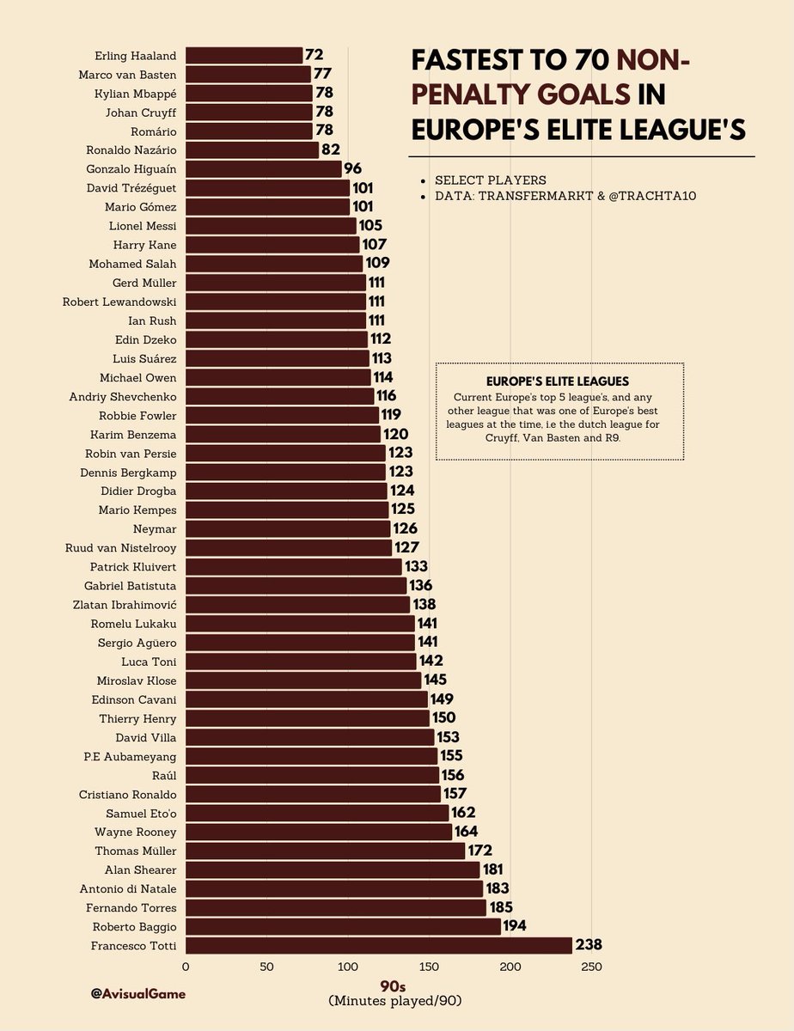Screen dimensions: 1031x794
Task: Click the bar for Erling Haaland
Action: (244, 56)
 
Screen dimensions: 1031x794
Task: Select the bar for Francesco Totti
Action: (378, 945)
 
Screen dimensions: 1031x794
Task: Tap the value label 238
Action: (589, 945)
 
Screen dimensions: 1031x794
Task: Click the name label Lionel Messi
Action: (139, 226)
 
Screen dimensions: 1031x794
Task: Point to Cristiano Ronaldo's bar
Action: (313, 794)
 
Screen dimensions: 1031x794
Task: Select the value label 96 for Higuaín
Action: (353, 169)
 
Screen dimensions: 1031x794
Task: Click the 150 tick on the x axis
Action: (429, 967)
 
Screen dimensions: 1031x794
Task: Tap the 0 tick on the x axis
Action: (186, 967)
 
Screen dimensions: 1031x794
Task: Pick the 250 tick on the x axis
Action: (591, 967)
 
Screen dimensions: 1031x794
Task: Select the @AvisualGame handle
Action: (137, 993)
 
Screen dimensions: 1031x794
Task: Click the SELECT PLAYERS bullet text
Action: (490, 180)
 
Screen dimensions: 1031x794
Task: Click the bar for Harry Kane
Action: (272, 245)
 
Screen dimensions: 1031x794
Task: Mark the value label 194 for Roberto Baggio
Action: (515, 926)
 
